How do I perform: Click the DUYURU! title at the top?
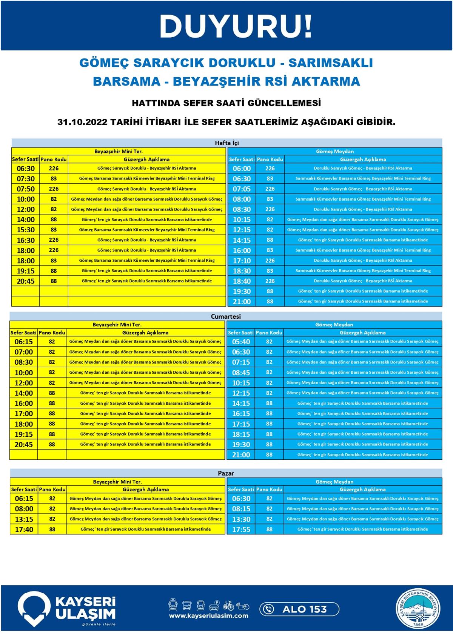pos(236,26)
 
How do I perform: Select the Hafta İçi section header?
pos(226,143)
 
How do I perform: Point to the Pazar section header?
pos(226,473)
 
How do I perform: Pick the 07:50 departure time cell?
pos(26,189)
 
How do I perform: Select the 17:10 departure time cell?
pos(242,261)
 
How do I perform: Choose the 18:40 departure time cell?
pos(242,281)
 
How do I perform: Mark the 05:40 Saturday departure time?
pos(241,342)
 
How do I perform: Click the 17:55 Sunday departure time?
pos(241,529)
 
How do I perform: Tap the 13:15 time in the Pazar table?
pos(24,519)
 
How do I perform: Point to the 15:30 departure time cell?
pos(26,230)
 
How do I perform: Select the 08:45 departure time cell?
pos(241,373)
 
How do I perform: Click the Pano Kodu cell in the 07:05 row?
pos(270,189)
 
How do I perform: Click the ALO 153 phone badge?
pos(299,609)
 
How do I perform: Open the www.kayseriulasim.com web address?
pos(208,616)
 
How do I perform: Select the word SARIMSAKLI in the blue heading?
pos(331,63)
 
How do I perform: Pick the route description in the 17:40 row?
pos(146,529)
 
